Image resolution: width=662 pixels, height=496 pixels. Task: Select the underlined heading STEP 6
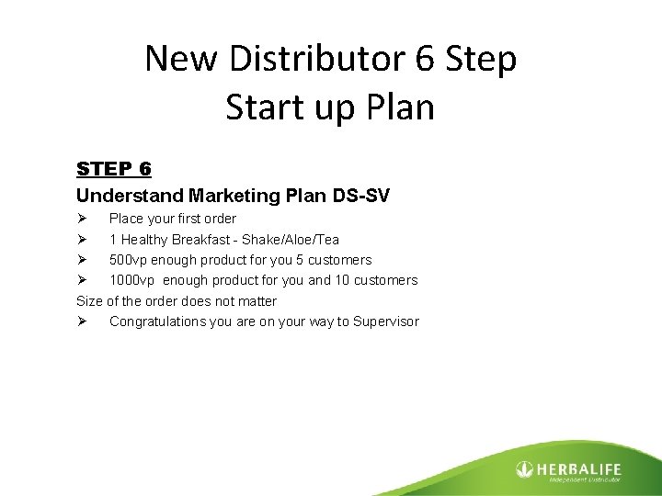pyautogui.click(x=114, y=169)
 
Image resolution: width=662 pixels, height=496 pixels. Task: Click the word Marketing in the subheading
pyautogui.click(x=230, y=195)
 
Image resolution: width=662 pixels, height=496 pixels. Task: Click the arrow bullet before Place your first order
pyautogui.click(x=82, y=219)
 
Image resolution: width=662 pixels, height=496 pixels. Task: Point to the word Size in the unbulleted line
pyautogui.click(x=89, y=301)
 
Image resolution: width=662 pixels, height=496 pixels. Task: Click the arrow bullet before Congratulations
pyautogui.click(x=82, y=321)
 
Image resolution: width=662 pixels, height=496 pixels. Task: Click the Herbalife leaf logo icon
pyautogui.click(x=525, y=468)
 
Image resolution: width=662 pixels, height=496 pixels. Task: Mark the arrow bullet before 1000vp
pyautogui.click(x=82, y=280)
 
